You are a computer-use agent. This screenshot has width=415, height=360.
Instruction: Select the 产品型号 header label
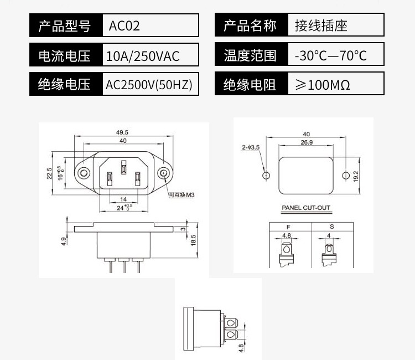click(66, 25)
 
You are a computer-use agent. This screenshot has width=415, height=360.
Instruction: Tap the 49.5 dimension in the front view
click(122, 132)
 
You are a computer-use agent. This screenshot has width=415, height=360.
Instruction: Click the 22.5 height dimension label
click(49, 173)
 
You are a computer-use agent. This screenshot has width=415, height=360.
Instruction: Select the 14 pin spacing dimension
click(123, 199)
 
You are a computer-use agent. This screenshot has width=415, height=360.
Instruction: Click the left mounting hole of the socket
click(84, 173)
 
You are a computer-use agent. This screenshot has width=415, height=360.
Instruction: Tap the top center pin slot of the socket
click(124, 164)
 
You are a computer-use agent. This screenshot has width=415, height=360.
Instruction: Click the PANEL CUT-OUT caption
click(306, 209)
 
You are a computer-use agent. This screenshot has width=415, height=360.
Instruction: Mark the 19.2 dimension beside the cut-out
click(356, 176)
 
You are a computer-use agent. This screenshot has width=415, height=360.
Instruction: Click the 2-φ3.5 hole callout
click(250, 148)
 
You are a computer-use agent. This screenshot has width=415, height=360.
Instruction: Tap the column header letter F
click(288, 227)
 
